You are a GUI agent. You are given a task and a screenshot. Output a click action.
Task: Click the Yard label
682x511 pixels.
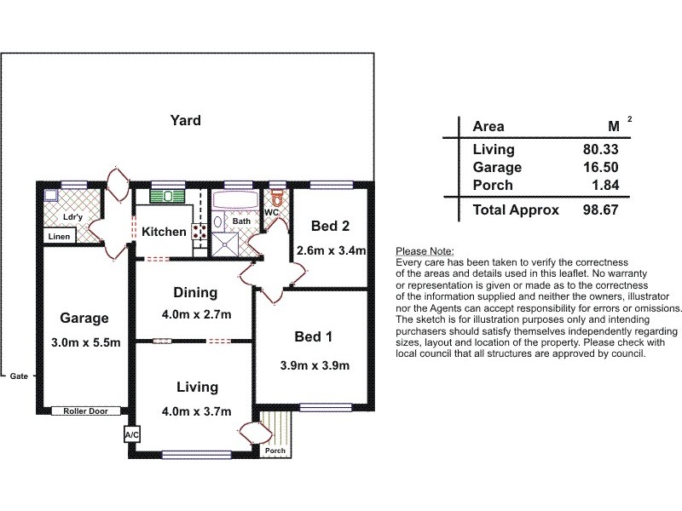click(185, 120)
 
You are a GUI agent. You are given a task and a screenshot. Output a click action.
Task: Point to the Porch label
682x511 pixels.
click(276, 451)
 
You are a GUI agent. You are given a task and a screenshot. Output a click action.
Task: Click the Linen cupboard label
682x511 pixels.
click(59, 236)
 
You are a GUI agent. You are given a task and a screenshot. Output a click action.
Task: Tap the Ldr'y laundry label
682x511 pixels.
click(72, 216)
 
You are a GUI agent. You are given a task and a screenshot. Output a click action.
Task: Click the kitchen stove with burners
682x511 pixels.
click(199, 231)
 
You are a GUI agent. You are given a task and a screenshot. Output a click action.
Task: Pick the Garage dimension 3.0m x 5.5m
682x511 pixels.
click(84, 344)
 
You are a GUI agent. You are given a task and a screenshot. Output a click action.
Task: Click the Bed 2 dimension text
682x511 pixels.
click(331, 250)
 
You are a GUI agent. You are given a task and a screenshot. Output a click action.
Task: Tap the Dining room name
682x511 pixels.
click(195, 293)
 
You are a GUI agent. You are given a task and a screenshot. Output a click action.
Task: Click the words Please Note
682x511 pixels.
click(425, 252)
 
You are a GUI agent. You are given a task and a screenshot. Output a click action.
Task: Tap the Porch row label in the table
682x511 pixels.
click(492, 185)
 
